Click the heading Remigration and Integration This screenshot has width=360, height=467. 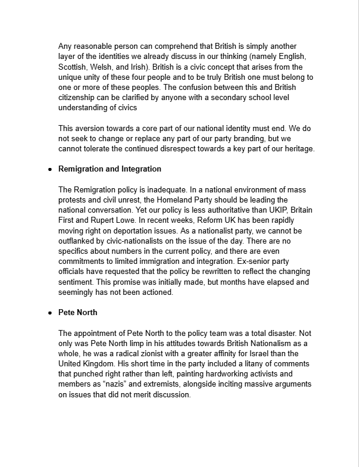click(x=109, y=169)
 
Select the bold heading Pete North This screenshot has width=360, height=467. click(x=78, y=312)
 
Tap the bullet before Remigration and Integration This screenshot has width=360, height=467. click(x=50, y=170)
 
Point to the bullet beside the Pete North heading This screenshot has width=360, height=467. click(x=50, y=313)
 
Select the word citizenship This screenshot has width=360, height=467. click(x=81, y=97)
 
